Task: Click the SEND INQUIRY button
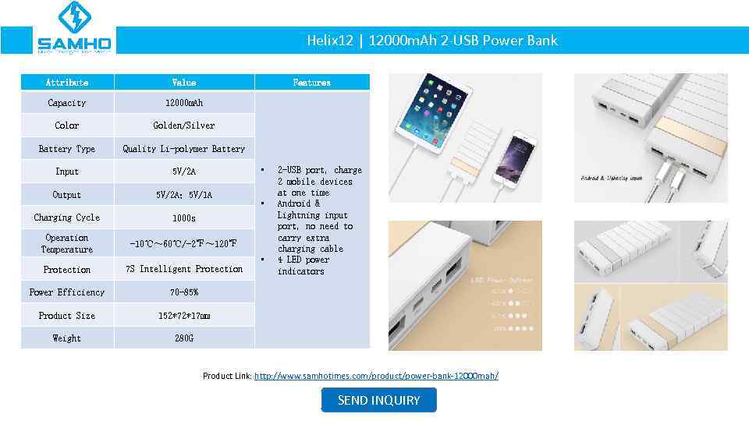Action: click(x=378, y=400)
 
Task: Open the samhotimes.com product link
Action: click(x=376, y=376)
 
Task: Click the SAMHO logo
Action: click(x=75, y=29)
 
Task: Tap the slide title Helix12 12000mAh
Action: click(x=432, y=41)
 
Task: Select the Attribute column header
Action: click(x=67, y=82)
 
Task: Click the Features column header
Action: click(x=311, y=82)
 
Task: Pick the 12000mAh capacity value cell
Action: click(x=184, y=103)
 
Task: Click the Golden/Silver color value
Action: click(x=184, y=126)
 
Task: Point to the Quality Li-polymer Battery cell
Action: click(x=184, y=149)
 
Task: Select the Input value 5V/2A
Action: click(x=184, y=172)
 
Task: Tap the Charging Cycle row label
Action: click(x=67, y=218)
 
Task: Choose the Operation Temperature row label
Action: click(x=67, y=243)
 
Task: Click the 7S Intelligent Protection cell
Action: click(x=184, y=269)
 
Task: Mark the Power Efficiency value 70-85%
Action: click(x=184, y=292)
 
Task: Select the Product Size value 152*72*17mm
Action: click(x=184, y=316)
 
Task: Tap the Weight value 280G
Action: click(x=184, y=338)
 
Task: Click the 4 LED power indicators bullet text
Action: click(x=304, y=265)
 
